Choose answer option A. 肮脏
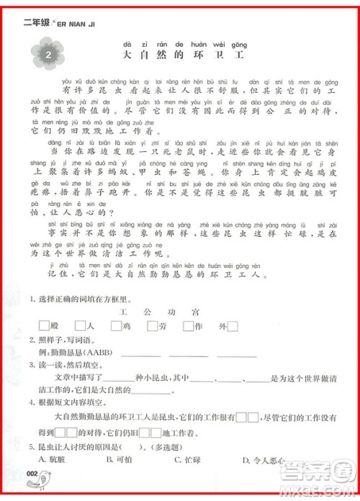(66, 459)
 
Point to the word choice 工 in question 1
(123, 311)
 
